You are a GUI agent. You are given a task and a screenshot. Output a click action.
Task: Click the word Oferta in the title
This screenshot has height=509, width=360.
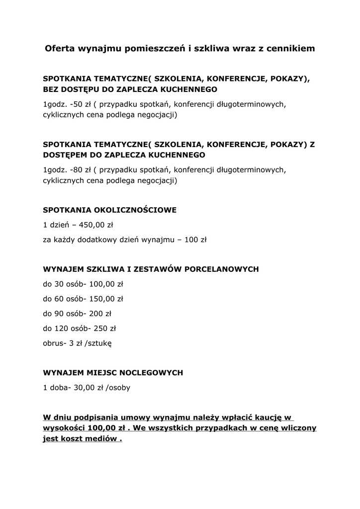click(x=61, y=49)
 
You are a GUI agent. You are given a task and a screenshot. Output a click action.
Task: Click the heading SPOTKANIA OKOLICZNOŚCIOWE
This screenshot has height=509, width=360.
click(x=109, y=210)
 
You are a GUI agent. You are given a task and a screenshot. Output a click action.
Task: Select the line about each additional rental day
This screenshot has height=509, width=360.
click(x=124, y=240)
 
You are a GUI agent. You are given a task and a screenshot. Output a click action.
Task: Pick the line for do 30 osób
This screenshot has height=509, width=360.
click(x=83, y=285)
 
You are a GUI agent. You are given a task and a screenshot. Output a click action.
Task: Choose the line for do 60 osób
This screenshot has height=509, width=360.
click(x=83, y=299)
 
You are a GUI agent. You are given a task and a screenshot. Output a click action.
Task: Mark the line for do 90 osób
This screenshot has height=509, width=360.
click(x=77, y=314)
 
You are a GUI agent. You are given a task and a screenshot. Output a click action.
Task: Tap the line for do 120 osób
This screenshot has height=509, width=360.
click(x=79, y=329)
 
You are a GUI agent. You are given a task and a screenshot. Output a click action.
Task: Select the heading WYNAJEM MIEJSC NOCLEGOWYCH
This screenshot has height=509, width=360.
click(x=113, y=372)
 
